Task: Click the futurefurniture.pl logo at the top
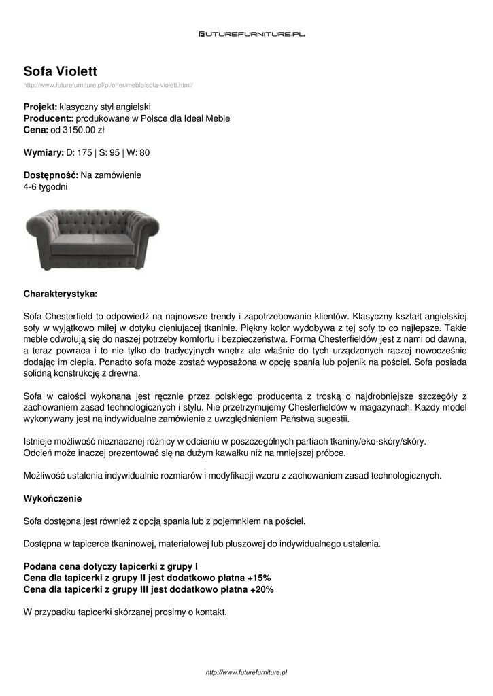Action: click(252, 33)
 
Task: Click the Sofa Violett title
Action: click(61, 71)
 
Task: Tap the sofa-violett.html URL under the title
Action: click(108, 86)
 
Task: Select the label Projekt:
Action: click(40, 107)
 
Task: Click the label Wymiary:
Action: click(44, 152)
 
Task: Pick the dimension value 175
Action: click(84, 152)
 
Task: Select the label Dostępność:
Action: click(50, 175)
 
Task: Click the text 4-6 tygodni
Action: click(45, 186)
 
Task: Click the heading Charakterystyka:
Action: click(61, 294)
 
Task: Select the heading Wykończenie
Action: click(52, 499)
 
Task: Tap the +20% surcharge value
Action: click(261, 589)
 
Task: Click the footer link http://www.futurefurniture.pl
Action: click(246, 672)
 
